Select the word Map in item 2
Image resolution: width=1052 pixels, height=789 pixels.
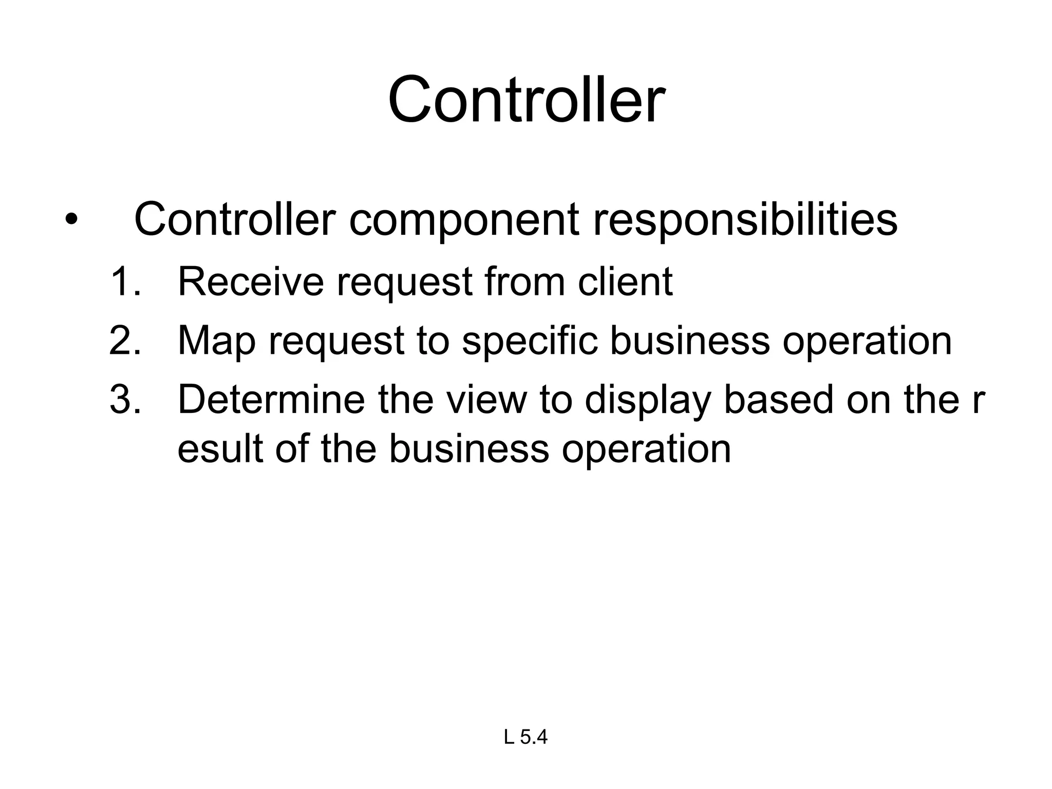216,342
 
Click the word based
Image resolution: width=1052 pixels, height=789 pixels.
778,400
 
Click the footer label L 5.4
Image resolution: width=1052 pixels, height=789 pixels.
525,738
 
